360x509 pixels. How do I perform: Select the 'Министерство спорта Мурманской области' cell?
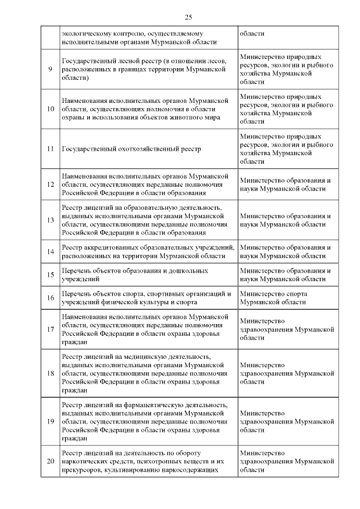pos(273,298)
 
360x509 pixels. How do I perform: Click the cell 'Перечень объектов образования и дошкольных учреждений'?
pos(134,274)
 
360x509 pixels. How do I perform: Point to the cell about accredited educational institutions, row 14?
pos(147,251)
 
